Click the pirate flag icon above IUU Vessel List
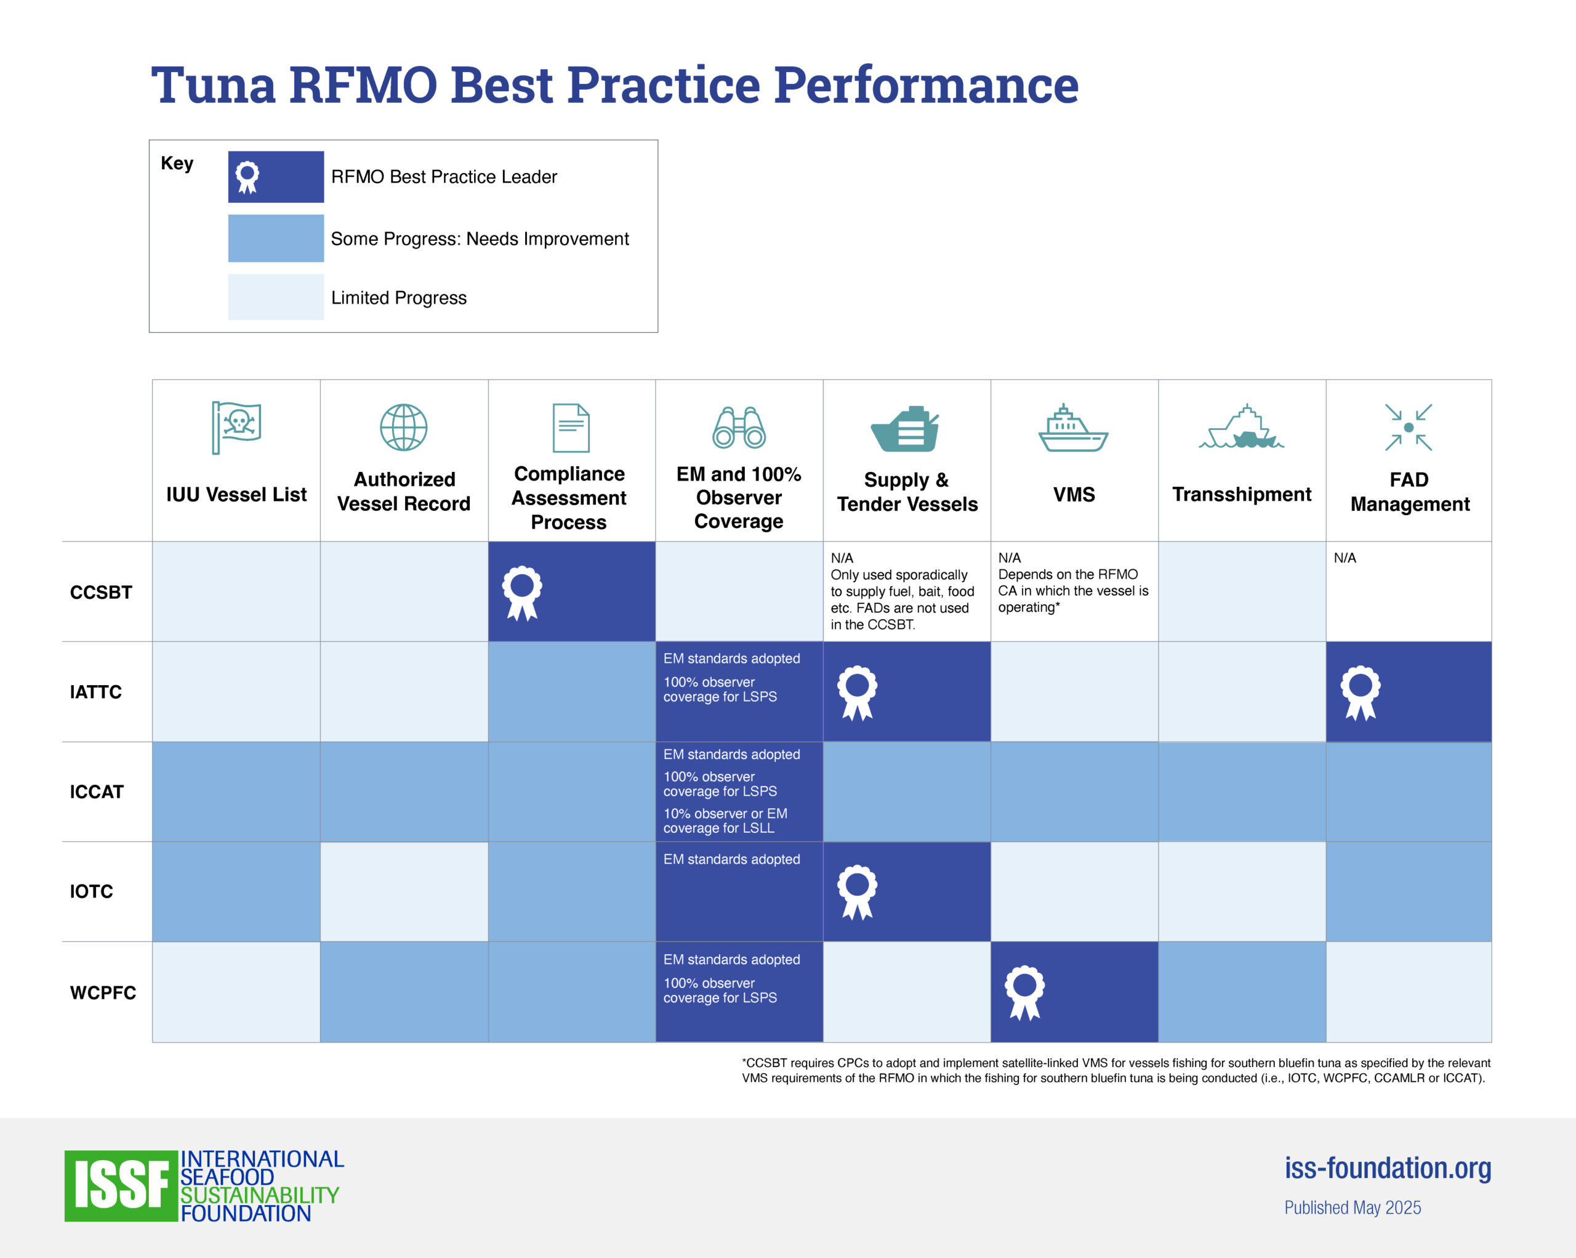236,427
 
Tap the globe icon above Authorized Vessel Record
403,427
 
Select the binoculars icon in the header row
738,427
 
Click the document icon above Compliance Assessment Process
571,428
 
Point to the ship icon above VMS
1073,428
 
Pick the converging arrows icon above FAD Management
1408,427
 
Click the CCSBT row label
101,593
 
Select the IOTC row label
91,891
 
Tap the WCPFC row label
103,992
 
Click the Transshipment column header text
1241,495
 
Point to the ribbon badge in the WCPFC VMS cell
1025,992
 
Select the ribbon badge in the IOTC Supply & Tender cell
857,891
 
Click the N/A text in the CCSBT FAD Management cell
1345,558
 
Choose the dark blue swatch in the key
276,177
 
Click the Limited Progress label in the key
398,298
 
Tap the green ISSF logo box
121,1185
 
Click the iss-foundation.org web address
1388,1168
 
